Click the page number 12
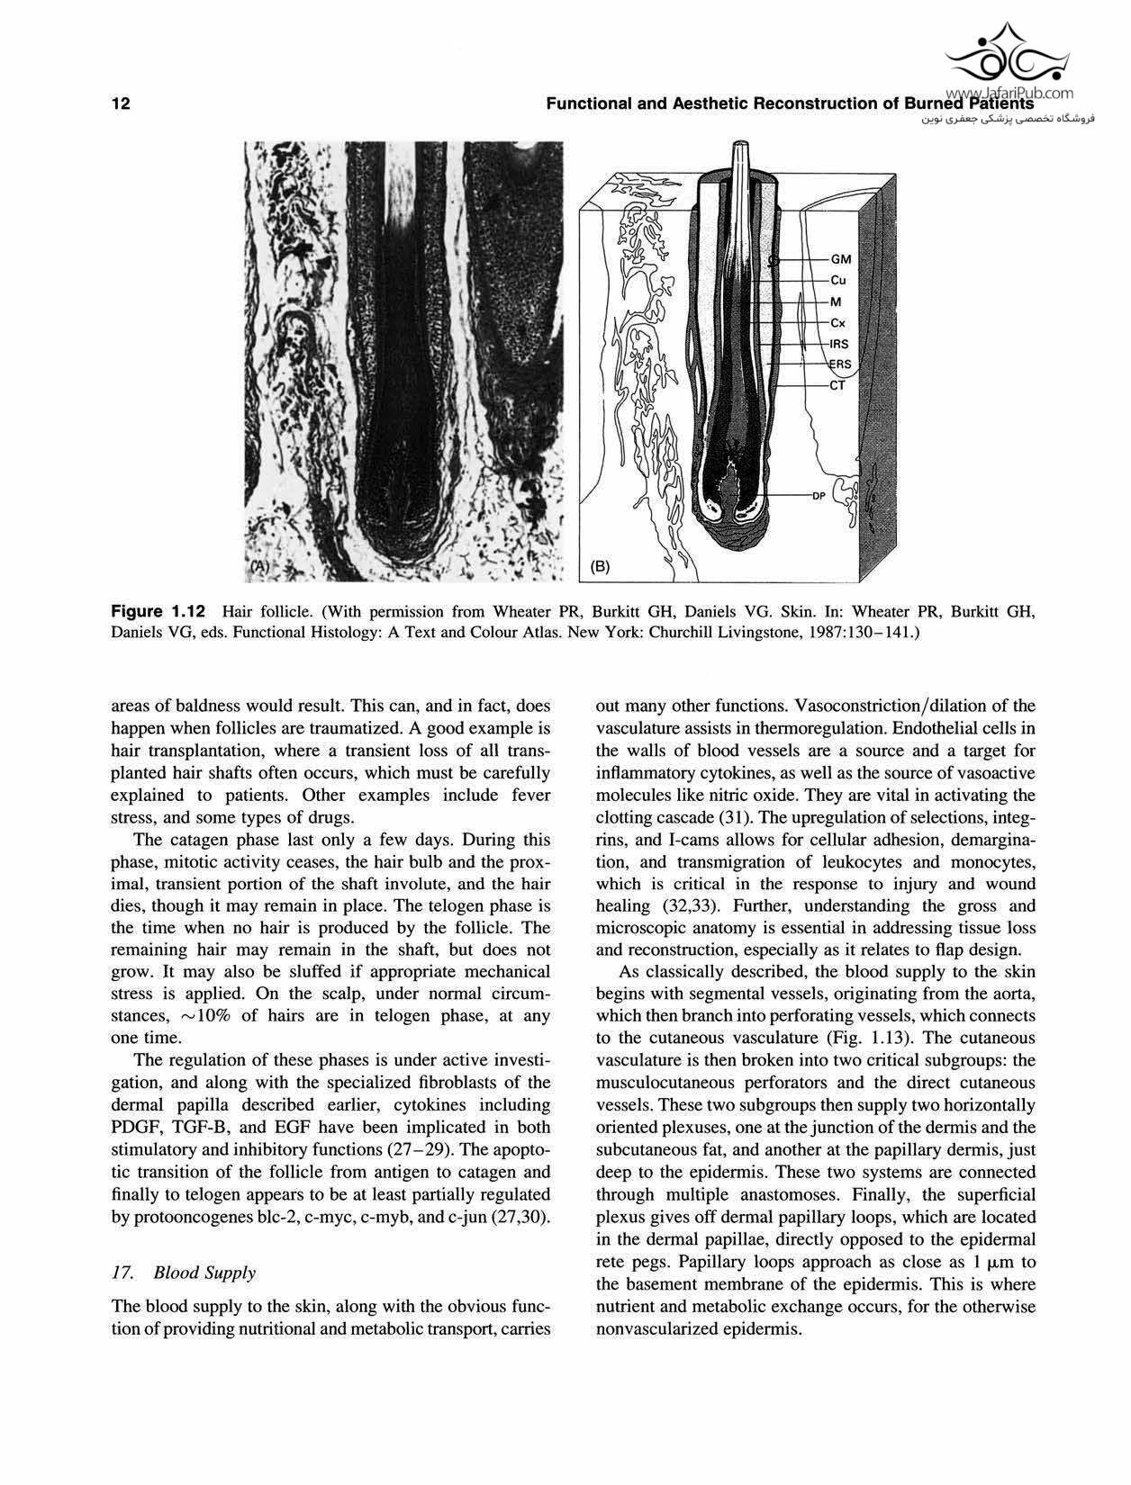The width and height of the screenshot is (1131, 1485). pyautogui.click(x=121, y=103)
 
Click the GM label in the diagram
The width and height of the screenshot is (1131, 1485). pyautogui.click(x=840, y=259)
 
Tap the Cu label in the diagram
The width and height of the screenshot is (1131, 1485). pyautogui.click(x=837, y=280)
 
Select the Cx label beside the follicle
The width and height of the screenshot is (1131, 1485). pyautogui.click(x=837, y=323)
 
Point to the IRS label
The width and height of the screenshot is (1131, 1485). pyautogui.click(x=839, y=344)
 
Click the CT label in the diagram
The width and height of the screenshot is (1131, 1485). pyautogui.click(x=837, y=385)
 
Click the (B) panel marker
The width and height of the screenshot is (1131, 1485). pyautogui.click(x=601, y=566)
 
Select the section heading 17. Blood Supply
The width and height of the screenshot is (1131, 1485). pyautogui.click(x=183, y=1272)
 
